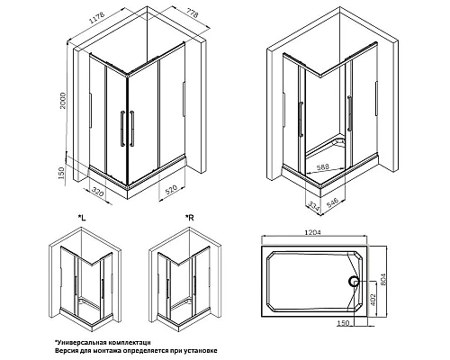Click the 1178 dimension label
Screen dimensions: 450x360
tap(96, 19)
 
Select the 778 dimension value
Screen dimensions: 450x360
tap(191, 13)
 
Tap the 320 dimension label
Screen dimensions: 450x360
tap(98, 192)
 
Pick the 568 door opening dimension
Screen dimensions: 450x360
tap(323, 166)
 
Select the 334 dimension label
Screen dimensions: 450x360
tap(313, 206)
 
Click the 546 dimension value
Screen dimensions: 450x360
tap(332, 202)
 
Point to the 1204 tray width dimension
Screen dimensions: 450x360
tap(313, 232)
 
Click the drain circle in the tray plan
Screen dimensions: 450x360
tap(354, 282)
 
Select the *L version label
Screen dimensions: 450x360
tap(82, 218)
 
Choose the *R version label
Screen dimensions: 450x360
tap(190, 218)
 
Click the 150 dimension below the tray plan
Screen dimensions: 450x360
tap(344, 323)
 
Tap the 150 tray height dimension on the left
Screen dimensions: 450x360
tap(61, 174)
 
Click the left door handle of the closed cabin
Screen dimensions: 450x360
tap(122, 129)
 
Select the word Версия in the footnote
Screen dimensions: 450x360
tap(63, 350)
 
